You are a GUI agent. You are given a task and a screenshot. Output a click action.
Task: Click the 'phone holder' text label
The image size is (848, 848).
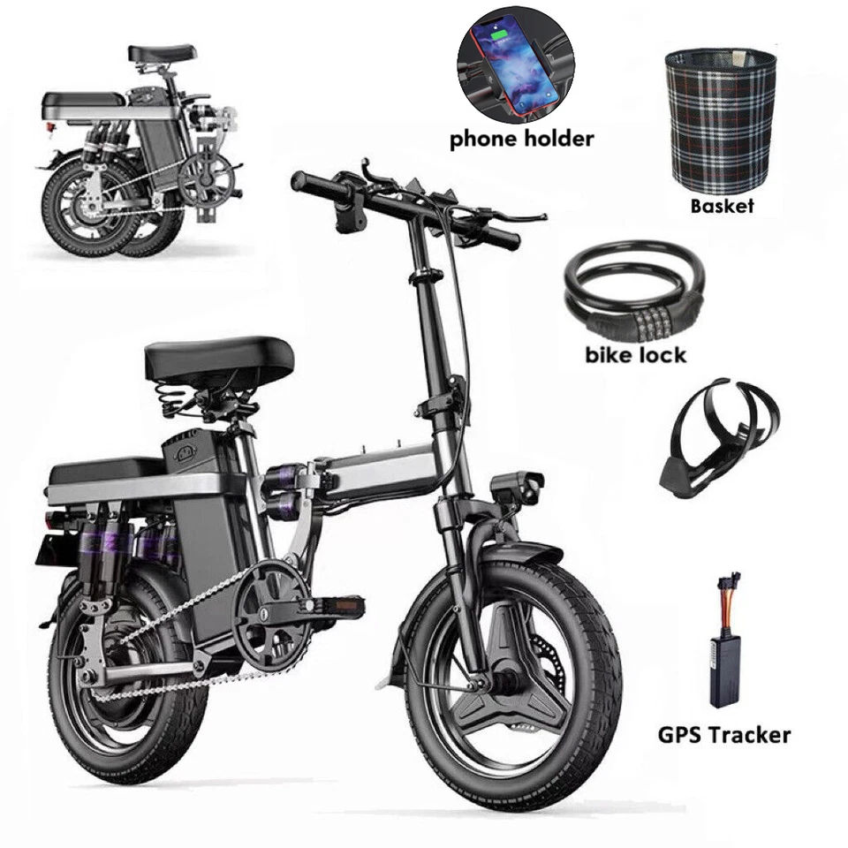point(521,139)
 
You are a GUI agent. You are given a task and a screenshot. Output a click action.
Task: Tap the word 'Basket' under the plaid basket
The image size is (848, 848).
point(722,206)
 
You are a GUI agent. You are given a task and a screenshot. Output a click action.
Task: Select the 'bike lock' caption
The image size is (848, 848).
point(635,356)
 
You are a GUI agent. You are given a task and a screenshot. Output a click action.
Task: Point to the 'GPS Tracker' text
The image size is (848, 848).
point(723,734)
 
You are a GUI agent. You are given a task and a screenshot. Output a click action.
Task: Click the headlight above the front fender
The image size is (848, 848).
point(518,487)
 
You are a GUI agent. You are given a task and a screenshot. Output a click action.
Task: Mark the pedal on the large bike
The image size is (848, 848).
point(337,605)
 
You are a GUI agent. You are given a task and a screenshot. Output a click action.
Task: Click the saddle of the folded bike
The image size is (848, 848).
point(162,53)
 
